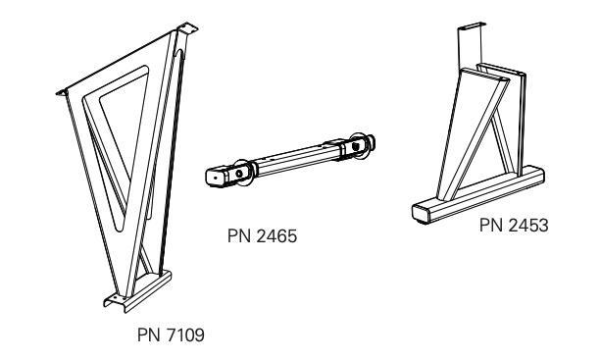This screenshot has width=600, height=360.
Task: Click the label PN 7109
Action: (x=171, y=335)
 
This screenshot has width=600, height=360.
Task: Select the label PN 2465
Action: (x=262, y=236)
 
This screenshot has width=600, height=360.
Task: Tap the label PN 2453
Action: (x=514, y=226)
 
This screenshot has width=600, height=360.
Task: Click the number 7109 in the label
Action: (x=185, y=335)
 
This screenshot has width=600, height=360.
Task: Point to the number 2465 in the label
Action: (x=276, y=236)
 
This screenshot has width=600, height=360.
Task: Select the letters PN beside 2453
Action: (x=491, y=226)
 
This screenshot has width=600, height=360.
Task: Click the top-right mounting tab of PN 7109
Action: (x=187, y=28)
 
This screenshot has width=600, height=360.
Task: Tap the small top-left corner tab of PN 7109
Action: (x=62, y=92)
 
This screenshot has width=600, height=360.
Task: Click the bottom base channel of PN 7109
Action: (x=138, y=292)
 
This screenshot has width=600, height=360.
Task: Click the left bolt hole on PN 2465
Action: (x=239, y=174)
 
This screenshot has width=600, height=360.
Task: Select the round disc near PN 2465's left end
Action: (x=244, y=173)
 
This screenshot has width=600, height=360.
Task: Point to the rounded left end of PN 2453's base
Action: (x=421, y=213)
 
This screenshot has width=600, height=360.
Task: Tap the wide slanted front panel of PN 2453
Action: (x=473, y=134)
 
